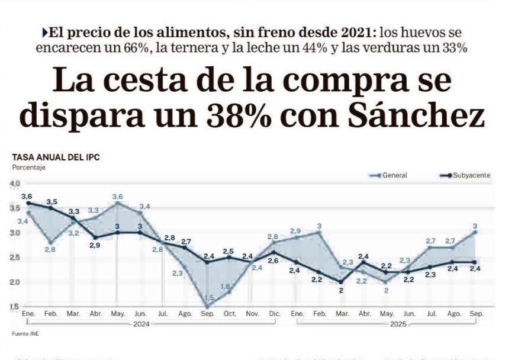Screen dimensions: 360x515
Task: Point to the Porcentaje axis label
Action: click(28, 168)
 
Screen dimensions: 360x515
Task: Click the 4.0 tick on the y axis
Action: click(14, 184)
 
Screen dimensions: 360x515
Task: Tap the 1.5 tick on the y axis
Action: click(14, 306)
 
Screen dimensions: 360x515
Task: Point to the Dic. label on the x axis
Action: click(273, 313)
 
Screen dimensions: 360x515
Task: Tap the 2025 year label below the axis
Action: click(394, 324)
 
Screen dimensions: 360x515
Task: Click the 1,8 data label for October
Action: click(226, 287)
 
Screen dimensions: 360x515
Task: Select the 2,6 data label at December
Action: click(273, 260)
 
